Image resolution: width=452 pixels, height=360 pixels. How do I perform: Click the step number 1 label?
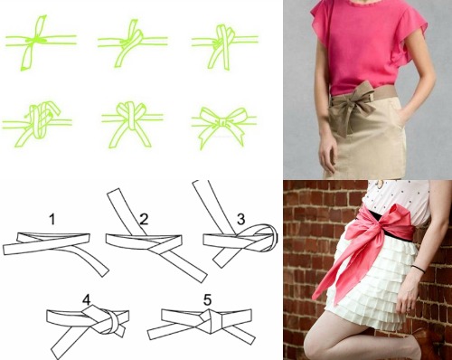tap(52, 219)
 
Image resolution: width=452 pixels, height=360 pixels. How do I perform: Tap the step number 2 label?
tap(144, 219)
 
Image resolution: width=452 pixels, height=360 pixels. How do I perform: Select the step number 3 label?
tap(240, 219)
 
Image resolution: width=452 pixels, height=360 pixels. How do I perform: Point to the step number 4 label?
tap(86, 299)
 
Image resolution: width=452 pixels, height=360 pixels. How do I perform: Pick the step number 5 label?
tap(207, 299)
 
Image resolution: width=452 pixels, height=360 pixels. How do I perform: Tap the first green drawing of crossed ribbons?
tap(41, 43)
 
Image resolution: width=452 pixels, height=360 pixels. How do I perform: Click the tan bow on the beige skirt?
tap(350, 106)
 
